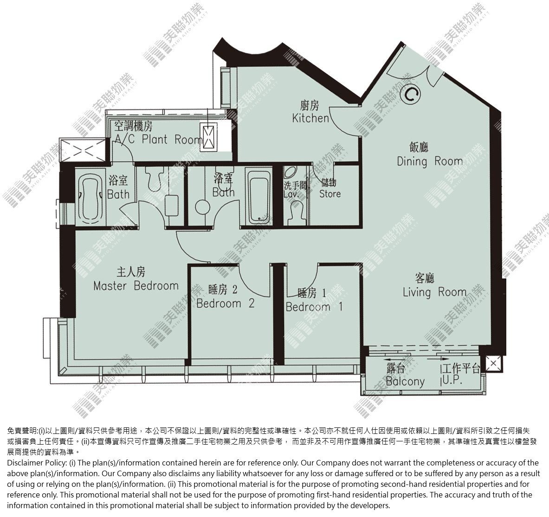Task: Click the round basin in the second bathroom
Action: (x=203, y=207)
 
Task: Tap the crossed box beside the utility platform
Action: (x=493, y=363)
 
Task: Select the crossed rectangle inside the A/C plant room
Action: (x=208, y=137)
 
